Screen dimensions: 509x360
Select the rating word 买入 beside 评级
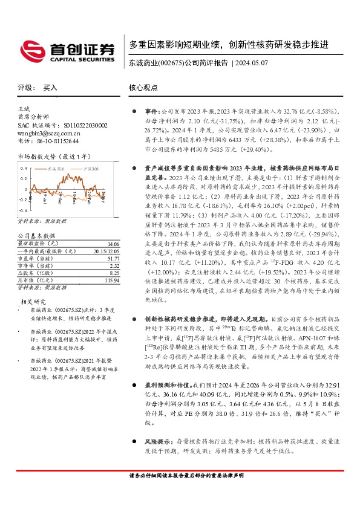(50, 88)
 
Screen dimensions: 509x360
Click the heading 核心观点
(142, 88)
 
